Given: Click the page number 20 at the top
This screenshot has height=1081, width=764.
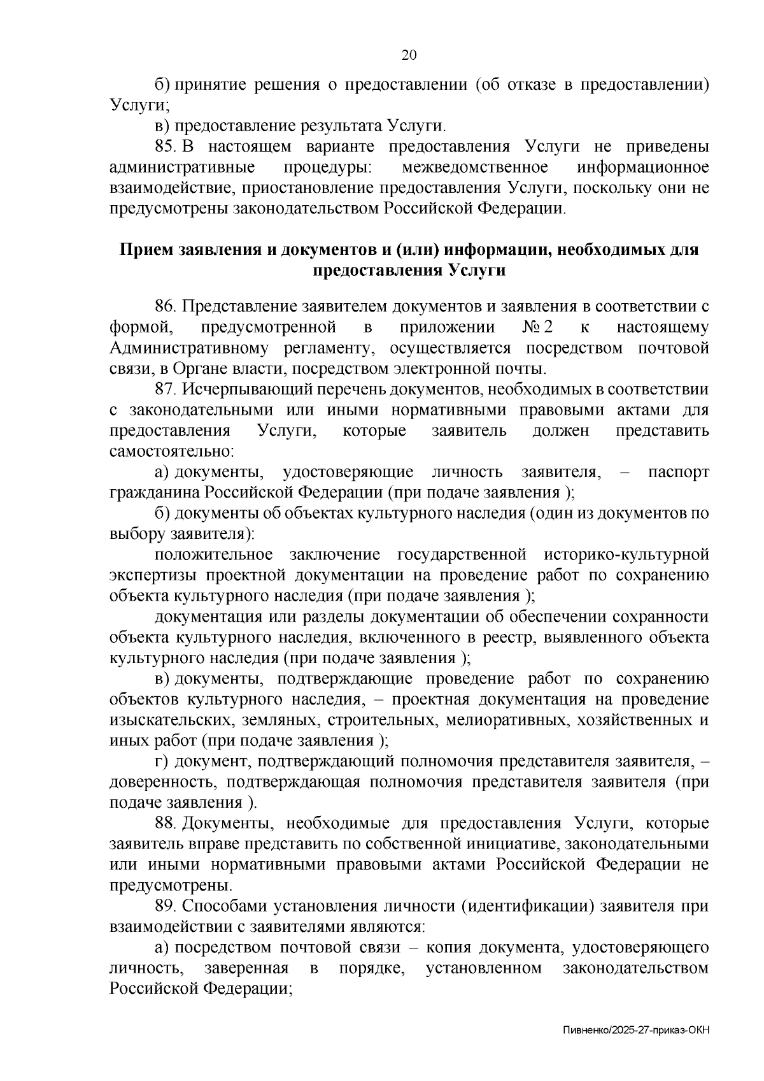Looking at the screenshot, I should point(408,55).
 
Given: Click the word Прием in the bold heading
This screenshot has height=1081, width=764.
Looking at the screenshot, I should point(143,250).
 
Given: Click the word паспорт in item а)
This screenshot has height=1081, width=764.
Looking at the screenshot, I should point(678,472).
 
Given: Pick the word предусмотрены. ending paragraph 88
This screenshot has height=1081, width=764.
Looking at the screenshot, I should point(171,885).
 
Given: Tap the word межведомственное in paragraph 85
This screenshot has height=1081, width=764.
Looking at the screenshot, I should point(475,168).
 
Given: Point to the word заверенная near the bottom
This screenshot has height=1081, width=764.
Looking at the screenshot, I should point(246,968).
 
